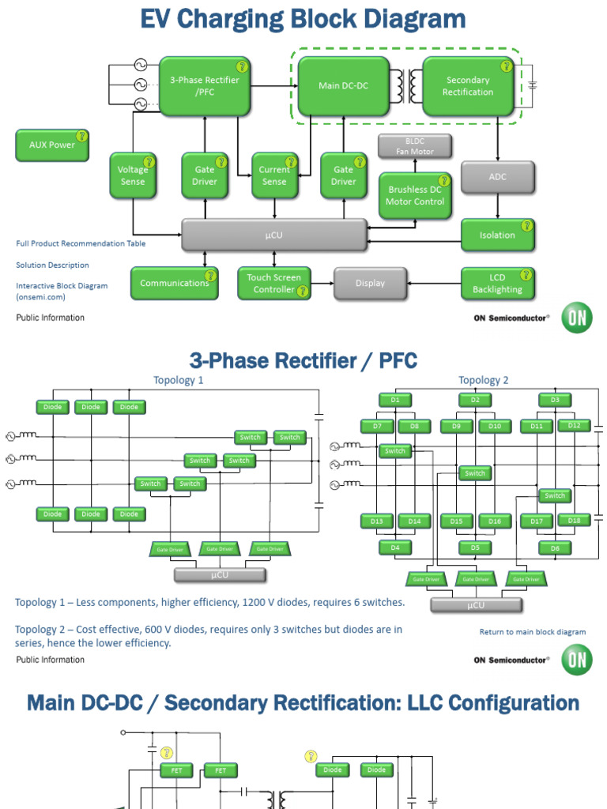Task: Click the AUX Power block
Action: [x=52, y=145]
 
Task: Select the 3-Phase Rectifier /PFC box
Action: [x=204, y=85]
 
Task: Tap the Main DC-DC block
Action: [x=343, y=85]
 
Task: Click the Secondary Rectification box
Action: [x=469, y=85]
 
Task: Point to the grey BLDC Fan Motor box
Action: [x=415, y=146]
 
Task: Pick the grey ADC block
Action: [x=497, y=177]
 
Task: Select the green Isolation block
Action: [x=497, y=235]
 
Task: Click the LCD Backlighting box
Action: [x=497, y=284]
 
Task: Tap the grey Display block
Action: [x=370, y=284]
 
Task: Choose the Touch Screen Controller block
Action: [x=273, y=284]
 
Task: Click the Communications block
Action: [x=175, y=284]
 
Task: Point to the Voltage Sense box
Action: [x=133, y=175]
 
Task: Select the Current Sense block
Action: [x=274, y=175]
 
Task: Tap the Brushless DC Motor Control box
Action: [x=415, y=196]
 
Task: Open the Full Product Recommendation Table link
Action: [x=81, y=243]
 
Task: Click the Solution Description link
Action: [x=52, y=265]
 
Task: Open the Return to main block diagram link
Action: [x=532, y=632]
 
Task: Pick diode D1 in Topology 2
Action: [x=395, y=400]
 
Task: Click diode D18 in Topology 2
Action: [x=574, y=520]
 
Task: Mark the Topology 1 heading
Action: [x=179, y=380]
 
